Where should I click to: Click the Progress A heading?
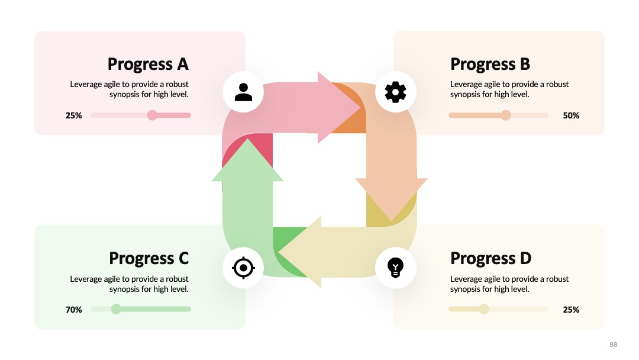[x=148, y=65]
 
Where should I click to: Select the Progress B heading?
[x=490, y=65]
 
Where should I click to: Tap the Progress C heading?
[x=149, y=259]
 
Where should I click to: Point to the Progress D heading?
[x=490, y=259]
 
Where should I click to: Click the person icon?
[x=243, y=92]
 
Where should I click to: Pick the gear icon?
[x=395, y=92]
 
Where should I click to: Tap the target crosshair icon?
[x=243, y=268]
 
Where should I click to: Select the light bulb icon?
[x=395, y=268]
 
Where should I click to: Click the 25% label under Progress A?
[x=74, y=115]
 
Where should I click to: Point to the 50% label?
[x=571, y=115]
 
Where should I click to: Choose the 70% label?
[x=74, y=310]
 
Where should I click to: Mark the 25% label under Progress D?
[x=571, y=310]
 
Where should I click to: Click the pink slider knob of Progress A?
[x=152, y=115]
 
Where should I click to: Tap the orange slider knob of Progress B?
[x=506, y=115]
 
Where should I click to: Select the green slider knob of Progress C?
[x=116, y=309]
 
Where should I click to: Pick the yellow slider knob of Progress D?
[x=484, y=309]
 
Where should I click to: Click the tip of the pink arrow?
[x=361, y=108]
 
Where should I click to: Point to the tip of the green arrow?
[x=247, y=139]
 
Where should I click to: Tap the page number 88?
[x=614, y=345]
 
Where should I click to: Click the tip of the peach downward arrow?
[x=391, y=221]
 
